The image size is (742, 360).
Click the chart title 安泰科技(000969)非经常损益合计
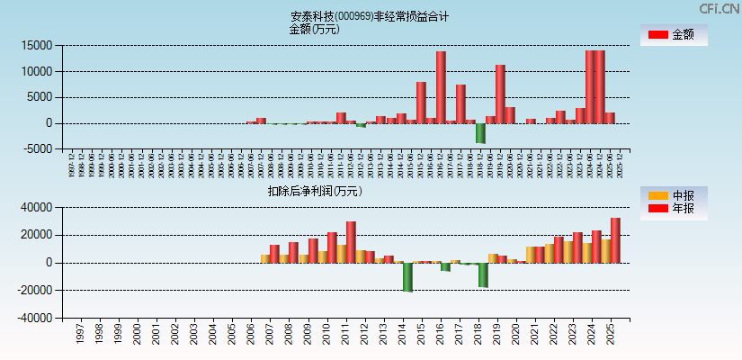click(370, 16)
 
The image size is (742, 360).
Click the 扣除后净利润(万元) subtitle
click(315, 191)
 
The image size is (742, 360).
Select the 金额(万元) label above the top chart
click(314, 29)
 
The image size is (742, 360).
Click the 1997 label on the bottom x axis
click(79, 335)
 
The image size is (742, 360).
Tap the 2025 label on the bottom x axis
click(611, 335)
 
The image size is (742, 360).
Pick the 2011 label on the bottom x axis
click(345, 335)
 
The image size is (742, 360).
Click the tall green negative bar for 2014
click(407, 277)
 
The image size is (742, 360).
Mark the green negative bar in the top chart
click(480, 133)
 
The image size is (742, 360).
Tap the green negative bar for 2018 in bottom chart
click(483, 274)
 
